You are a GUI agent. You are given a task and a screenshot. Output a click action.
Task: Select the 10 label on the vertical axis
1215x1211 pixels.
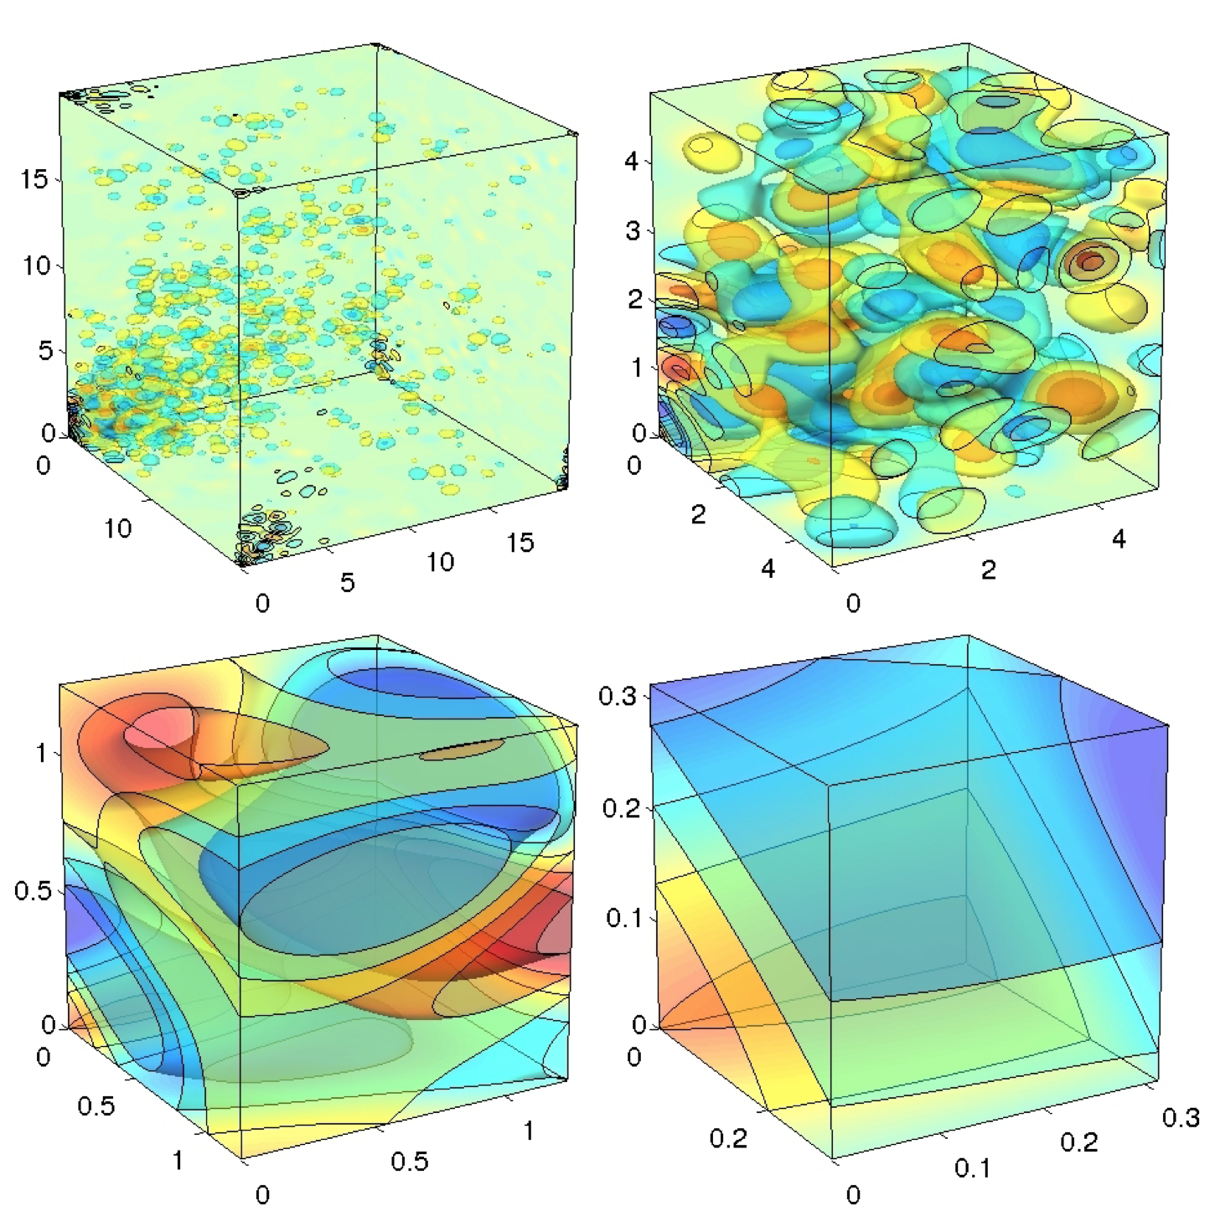click(35, 265)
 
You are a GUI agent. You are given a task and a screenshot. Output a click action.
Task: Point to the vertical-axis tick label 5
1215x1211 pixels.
click(44, 350)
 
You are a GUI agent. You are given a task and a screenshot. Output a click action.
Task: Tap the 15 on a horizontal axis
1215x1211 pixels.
click(520, 543)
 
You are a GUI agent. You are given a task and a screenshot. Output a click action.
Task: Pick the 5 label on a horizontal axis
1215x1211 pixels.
click(348, 582)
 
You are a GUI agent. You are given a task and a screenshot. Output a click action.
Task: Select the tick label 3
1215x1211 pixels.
click(633, 230)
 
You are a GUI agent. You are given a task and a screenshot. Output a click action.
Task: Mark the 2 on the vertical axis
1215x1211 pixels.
click(634, 299)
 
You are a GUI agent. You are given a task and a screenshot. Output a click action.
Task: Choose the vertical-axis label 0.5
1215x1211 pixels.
click(33, 890)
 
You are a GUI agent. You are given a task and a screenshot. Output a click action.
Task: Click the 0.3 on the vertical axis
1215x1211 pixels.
click(618, 695)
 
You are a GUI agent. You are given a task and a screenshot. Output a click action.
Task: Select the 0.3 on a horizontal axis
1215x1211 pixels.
click(1181, 1118)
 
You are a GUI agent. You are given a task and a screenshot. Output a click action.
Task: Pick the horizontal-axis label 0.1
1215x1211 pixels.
click(972, 1167)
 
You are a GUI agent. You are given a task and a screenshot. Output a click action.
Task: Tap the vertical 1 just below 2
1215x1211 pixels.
click(637, 366)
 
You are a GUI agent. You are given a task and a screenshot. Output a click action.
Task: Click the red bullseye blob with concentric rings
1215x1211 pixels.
click(1090, 262)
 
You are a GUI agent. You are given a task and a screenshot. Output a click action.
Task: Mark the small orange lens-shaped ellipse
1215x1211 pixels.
click(463, 750)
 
